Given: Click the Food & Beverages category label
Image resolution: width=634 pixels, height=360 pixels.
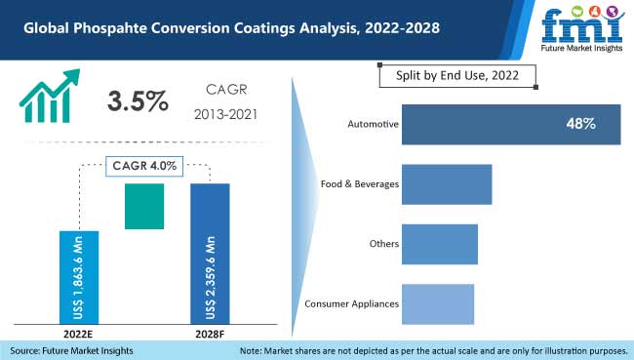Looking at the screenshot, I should pyautogui.click(x=359, y=184).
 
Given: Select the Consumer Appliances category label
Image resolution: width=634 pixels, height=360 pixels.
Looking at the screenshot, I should pyautogui.click(x=351, y=303).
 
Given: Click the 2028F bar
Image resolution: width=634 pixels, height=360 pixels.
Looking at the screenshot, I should pyautogui.click(x=209, y=253).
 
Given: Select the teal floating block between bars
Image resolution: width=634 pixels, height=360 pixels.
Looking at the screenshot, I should pyautogui.click(x=143, y=207).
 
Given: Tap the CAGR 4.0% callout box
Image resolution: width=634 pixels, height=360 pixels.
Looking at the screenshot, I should pyautogui.click(x=142, y=165).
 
